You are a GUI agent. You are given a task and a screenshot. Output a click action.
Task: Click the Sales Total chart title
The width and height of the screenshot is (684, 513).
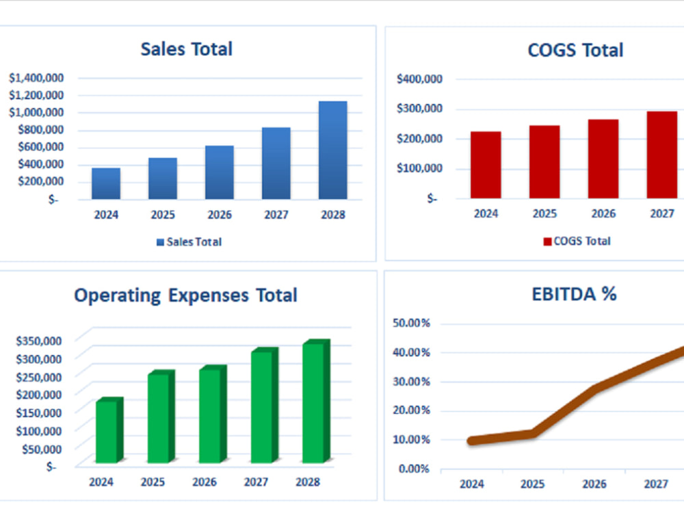[186, 49]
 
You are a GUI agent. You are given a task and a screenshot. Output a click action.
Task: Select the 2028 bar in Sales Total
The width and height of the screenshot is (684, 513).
[332, 150]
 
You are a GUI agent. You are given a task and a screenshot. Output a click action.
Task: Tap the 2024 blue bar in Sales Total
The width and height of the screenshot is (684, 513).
[106, 183]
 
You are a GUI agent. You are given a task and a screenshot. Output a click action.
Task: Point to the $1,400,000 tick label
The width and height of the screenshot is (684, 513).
[36, 78]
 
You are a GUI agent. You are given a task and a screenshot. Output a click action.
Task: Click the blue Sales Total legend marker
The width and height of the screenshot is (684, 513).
[161, 242]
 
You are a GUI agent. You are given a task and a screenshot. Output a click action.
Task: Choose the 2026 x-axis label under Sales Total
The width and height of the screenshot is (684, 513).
[219, 215]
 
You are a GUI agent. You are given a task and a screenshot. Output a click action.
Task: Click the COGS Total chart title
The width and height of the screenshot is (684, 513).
[575, 50]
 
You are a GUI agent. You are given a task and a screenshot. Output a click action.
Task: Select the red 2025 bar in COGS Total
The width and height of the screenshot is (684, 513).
[544, 161]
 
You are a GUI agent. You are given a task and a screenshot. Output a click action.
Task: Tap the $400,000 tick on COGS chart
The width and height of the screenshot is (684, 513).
[420, 79]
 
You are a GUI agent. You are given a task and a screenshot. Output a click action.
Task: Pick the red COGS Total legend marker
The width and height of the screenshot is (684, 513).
[547, 241]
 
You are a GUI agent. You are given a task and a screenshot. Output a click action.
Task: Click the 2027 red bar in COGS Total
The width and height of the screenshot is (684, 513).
[661, 155]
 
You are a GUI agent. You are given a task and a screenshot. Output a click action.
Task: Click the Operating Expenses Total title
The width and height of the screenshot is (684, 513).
[185, 295]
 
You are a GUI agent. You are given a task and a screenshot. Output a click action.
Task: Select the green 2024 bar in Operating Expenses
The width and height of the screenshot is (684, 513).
[107, 431]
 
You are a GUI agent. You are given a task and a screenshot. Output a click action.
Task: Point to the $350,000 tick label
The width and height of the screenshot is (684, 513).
[40, 341]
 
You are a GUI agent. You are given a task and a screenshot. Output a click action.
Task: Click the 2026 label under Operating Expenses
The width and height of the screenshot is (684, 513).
[204, 482]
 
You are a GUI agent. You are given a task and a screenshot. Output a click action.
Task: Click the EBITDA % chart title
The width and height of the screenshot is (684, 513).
[574, 294]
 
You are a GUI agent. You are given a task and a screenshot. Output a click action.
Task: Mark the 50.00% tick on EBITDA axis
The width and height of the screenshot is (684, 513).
[411, 323]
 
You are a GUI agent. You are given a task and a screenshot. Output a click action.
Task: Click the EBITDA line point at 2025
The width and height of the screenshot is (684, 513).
[533, 433]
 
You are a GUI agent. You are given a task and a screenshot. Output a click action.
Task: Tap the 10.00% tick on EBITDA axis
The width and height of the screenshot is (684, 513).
[411, 439]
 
